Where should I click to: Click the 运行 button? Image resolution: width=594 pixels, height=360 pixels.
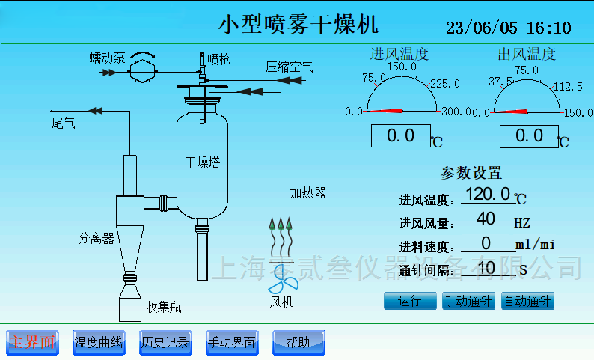[x=409, y=302]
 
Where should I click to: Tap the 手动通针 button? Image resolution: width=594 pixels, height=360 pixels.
[x=468, y=302]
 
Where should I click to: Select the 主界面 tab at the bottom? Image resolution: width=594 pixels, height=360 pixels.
[x=32, y=342]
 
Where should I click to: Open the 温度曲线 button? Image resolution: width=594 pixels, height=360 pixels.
[x=99, y=342]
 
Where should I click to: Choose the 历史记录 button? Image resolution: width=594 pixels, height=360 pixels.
[x=165, y=342]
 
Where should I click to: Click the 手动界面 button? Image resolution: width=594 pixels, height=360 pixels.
[x=231, y=342]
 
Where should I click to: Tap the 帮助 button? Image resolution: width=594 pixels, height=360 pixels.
[x=298, y=342]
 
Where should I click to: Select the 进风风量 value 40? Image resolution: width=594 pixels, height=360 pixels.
[x=486, y=219]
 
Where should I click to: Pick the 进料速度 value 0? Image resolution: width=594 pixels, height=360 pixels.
[x=486, y=243]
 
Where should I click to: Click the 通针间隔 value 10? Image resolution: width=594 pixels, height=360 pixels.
[x=486, y=267]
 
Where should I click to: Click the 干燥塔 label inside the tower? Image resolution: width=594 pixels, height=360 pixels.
[x=202, y=162]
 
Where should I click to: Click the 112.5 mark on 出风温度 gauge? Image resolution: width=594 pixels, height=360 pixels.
[x=568, y=87]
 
